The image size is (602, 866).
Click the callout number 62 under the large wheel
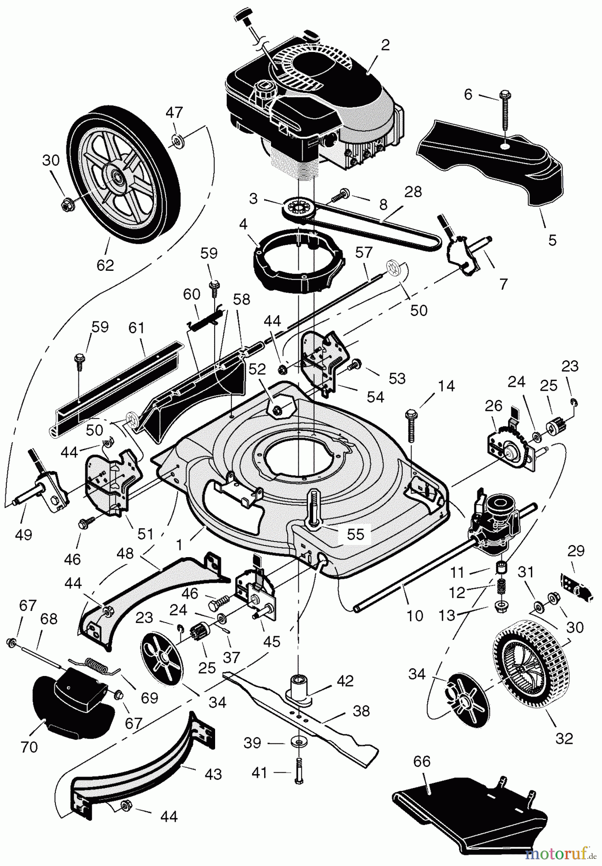pos(105,265)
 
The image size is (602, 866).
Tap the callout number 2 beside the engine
pos(385,45)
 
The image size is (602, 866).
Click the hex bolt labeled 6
pos(504,111)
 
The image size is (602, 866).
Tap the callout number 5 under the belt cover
pos(552,239)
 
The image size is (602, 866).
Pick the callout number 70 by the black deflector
pos(29,747)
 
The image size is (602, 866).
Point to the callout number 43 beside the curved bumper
pos(213,774)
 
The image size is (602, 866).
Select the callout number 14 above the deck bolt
pos(446,386)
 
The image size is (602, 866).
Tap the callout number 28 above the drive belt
pos(413,191)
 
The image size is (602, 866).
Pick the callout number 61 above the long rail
pos(137,328)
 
